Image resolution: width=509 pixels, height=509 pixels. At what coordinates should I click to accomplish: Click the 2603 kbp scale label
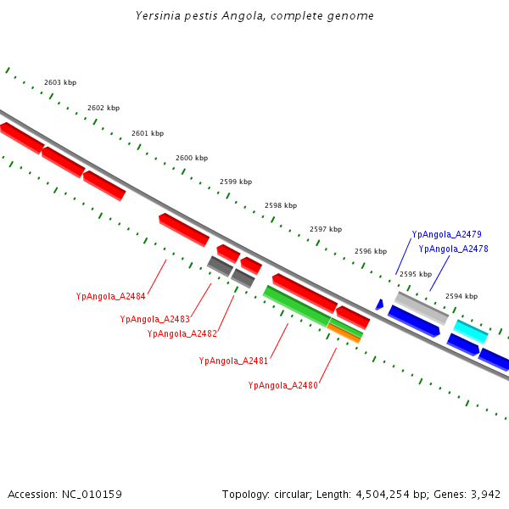pyautogui.click(x=60, y=82)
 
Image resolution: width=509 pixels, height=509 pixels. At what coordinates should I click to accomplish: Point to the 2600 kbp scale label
pyautogui.click(x=192, y=158)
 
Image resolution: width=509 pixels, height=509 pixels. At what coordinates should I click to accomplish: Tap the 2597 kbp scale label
pyautogui.click(x=326, y=229)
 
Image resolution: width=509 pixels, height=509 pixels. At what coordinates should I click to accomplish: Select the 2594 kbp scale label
pyautogui.click(x=461, y=296)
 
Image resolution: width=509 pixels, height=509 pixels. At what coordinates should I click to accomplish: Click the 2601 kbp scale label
pyautogui.click(x=148, y=133)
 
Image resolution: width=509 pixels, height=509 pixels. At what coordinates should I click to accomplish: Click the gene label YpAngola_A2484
pyautogui.click(x=111, y=297)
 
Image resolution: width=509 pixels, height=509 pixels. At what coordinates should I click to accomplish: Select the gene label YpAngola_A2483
pyautogui.click(x=155, y=319)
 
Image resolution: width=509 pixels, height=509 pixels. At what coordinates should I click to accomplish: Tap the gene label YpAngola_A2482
pyautogui.click(x=182, y=333)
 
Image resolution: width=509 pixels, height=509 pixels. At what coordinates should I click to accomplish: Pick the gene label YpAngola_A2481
pyautogui.click(x=233, y=361)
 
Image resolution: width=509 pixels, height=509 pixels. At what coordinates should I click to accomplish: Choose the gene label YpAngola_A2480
pyautogui.click(x=283, y=385)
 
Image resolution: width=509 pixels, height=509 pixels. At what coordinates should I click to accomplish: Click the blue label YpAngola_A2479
pyautogui.click(x=447, y=234)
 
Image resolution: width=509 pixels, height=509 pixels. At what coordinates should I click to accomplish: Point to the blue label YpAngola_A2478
pyautogui.click(x=453, y=249)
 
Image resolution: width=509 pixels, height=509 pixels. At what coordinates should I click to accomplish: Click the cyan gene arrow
pyautogui.click(x=471, y=331)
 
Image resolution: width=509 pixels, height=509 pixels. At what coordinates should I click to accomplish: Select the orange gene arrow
pyautogui.click(x=344, y=333)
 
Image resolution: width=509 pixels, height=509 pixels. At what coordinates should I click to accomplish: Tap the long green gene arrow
pyautogui.click(x=297, y=305)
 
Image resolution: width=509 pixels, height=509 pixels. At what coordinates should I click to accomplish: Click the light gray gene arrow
pyautogui.click(x=421, y=308)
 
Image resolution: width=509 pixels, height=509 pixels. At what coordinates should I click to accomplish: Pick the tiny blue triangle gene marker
pyautogui.click(x=379, y=304)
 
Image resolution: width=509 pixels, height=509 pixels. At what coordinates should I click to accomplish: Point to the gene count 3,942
pyautogui.click(x=485, y=494)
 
